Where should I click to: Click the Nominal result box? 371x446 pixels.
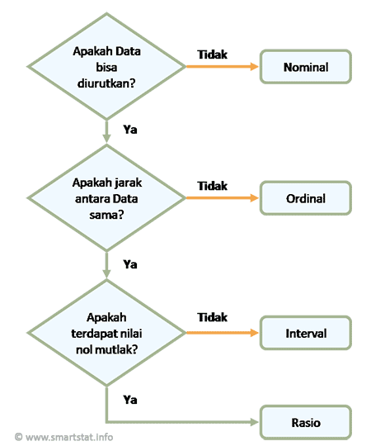pos(306,67)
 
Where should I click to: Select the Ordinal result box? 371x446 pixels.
pos(306,198)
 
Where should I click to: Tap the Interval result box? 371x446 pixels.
pos(306,333)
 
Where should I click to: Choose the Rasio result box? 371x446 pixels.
pos(306,422)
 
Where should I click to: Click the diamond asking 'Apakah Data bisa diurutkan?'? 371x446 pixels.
pos(106,67)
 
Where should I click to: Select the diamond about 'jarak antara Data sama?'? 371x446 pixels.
pos(106,198)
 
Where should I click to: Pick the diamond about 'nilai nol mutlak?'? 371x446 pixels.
pos(106,333)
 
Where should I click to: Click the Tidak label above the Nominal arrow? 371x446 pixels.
pos(213,55)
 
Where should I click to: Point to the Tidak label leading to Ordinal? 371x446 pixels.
pos(213,186)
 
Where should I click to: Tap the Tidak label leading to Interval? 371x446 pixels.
pos(213,317)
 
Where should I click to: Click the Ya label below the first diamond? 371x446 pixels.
pos(130,130)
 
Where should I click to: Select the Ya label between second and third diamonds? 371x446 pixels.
pos(130,264)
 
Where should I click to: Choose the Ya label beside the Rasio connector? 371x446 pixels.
pos(130,400)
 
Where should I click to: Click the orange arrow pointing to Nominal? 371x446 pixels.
pos(223,67)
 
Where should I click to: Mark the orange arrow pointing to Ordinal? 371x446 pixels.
pos(223,198)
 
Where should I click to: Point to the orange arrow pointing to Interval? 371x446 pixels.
pos(223,333)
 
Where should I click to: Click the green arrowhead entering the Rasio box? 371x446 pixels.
pos(255,422)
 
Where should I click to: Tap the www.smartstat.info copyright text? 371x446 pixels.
pos(63,437)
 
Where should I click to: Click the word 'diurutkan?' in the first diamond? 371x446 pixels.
pos(106,83)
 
